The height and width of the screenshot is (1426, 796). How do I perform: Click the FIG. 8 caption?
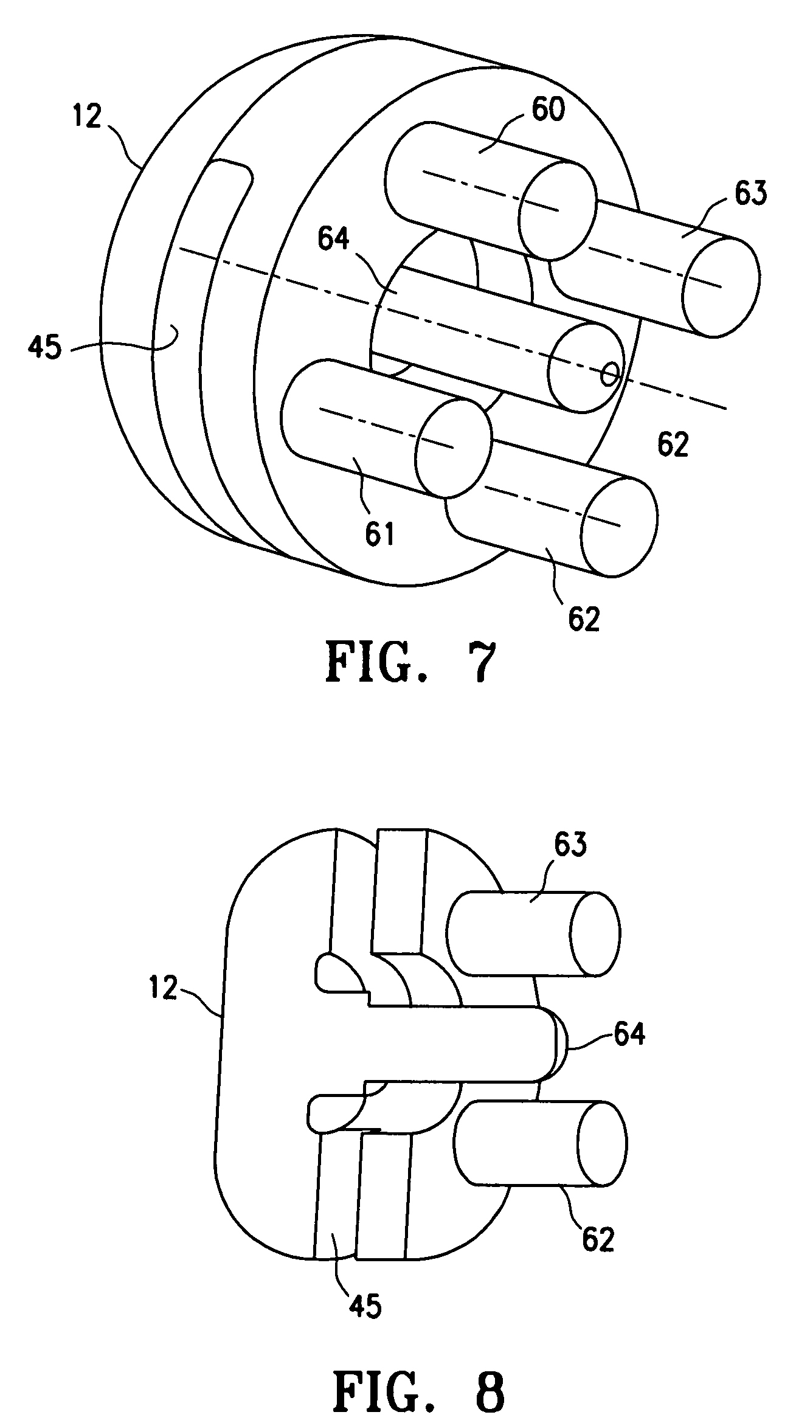420,1377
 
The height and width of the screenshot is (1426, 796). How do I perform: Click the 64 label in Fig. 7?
333,239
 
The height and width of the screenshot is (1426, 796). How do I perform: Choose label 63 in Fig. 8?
570,845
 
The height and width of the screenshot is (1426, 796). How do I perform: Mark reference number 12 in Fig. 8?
162,989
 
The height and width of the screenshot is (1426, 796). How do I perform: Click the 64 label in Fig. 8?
629,1034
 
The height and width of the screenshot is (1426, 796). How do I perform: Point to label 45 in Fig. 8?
365,1304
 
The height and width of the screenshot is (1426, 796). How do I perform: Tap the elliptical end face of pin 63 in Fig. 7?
721,286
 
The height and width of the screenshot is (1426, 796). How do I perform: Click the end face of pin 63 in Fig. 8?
595,933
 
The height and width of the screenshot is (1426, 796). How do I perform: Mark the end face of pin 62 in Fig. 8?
602,1143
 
